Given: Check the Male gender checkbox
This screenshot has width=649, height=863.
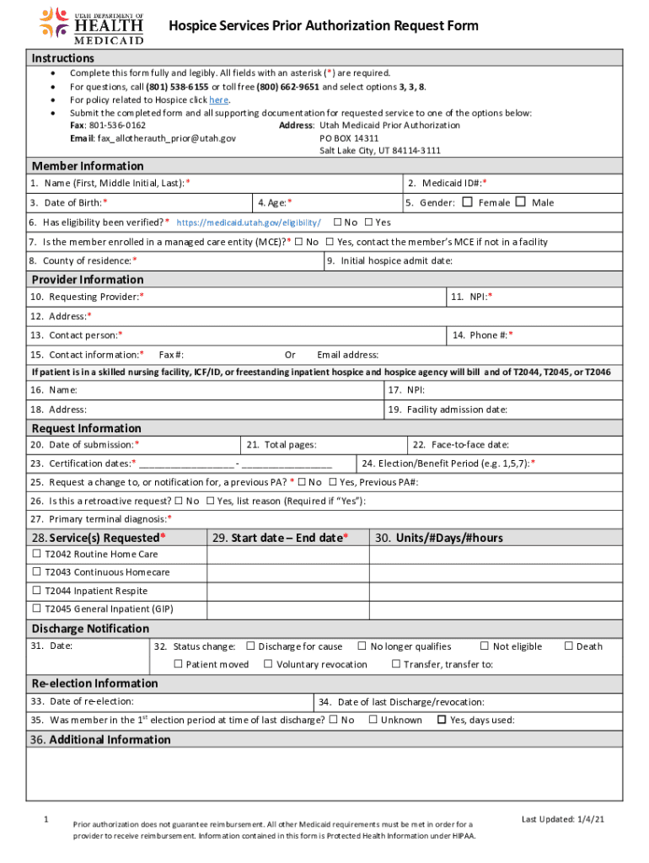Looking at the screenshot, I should tap(520, 202).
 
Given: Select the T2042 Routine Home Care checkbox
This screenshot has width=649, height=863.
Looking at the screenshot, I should tap(36, 555).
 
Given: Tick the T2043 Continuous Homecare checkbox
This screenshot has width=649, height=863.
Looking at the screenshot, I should tap(36, 573).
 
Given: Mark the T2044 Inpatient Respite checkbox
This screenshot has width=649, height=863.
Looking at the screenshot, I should tap(36, 592).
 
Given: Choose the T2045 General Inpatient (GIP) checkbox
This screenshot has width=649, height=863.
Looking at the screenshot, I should tap(36, 609).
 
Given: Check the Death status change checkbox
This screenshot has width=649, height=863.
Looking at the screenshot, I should tap(569, 646).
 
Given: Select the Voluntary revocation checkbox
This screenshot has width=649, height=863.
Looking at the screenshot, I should tap(268, 664).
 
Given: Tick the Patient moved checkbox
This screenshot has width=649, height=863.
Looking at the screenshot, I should tap(178, 664).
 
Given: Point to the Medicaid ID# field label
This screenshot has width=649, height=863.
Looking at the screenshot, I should tap(447, 184).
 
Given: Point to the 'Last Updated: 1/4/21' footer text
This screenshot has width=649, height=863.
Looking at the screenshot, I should tap(562, 819).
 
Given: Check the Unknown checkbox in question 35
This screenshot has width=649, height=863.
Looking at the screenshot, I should tap(373, 720).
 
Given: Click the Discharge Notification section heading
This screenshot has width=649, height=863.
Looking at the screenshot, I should tap(90, 629).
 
